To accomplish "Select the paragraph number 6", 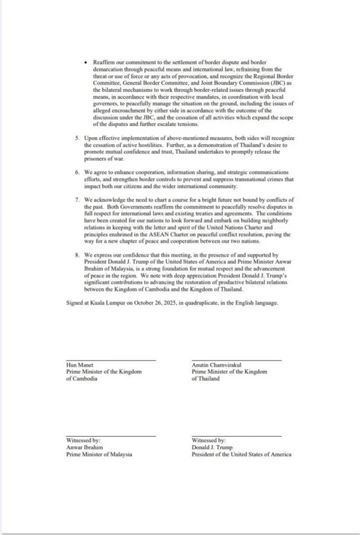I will pos(77,172).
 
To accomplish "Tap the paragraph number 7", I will pos(77,199).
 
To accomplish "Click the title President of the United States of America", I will pos(241,455).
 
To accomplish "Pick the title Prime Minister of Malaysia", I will pos(99,455).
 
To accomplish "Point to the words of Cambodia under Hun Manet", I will pos(82,379).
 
